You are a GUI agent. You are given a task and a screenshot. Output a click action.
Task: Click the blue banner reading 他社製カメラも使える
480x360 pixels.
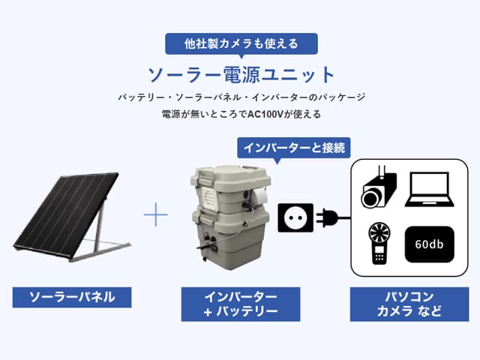tap(241, 43)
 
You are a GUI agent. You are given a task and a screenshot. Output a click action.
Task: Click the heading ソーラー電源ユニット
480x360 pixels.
tap(241, 75)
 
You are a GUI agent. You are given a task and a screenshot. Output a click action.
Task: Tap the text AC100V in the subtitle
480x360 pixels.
tap(265, 114)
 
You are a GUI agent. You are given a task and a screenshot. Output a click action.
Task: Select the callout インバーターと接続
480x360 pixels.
tap(293, 148)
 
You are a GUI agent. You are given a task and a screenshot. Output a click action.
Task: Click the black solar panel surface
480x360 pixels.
tap(66, 214)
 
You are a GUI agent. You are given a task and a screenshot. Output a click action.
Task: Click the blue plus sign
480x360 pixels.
tap(156, 214)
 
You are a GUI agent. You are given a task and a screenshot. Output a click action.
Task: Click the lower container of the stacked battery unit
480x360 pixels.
tap(230, 238)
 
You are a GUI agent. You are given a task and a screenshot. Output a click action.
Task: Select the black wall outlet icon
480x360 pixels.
tap(295, 217)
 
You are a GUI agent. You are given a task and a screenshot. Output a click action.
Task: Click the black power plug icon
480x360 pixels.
tap(333, 217)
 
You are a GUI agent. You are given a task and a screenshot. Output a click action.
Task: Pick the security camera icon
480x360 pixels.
tap(379, 187)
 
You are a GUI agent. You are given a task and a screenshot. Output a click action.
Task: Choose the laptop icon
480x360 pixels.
tap(430, 190)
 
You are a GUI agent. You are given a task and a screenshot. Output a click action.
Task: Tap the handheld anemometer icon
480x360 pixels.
tap(379, 243)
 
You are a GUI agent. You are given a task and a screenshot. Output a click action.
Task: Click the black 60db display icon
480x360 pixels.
tap(430, 244)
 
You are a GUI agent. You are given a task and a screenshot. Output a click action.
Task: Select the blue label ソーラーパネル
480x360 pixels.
tap(72, 297)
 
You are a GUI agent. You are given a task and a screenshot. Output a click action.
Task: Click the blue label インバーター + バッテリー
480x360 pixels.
tap(241, 304)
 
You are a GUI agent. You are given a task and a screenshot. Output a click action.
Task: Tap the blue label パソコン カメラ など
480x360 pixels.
tap(409, 304)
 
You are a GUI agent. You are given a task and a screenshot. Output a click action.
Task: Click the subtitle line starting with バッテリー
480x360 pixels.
tap(241, 97)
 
